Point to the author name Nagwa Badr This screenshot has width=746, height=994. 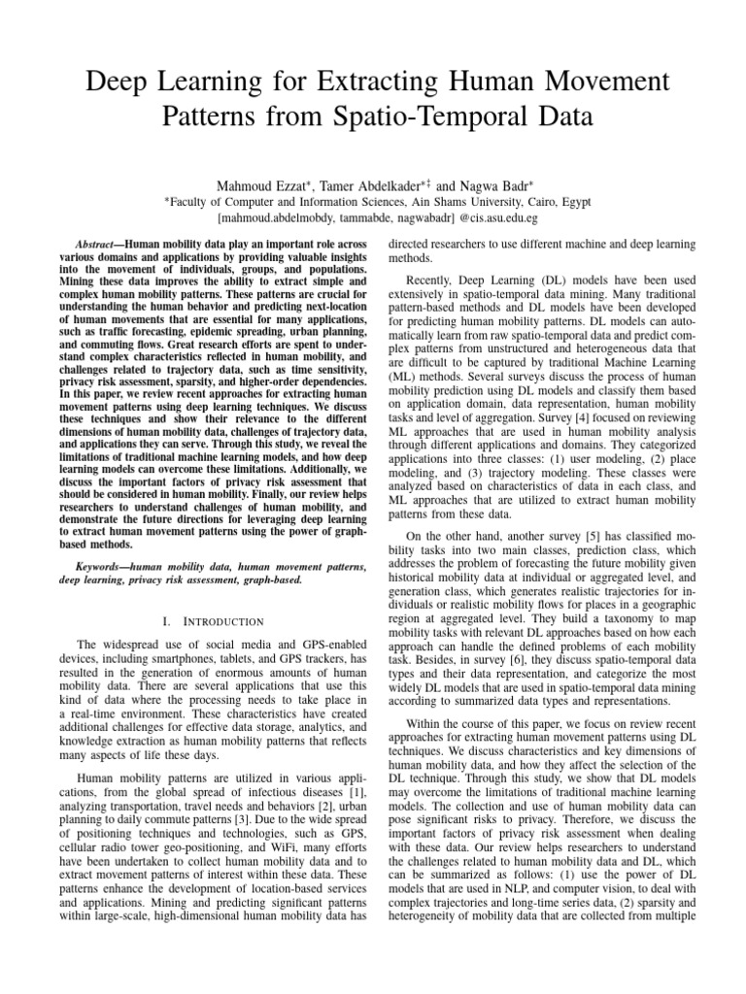point(486,185)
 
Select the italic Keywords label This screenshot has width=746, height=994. point(106,565)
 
